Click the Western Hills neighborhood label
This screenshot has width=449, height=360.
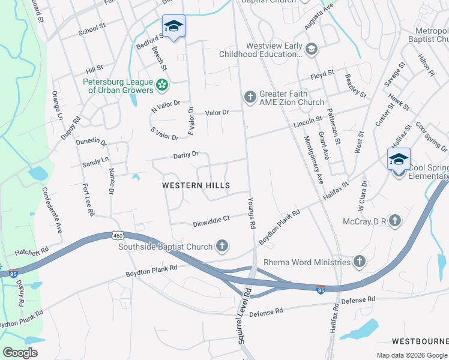(x=197, y=186)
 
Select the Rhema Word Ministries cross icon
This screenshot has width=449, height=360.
(x=359, y=262)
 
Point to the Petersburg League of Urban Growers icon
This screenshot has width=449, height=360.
(x=161, y=86)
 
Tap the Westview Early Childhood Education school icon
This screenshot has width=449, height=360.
(x=311, y=49)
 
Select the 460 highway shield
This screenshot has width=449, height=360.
(x=116, y=235)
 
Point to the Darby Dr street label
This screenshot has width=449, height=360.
(x=185, y=155)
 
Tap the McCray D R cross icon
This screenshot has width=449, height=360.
(x=395, y=221)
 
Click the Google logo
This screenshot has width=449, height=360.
(x=20, y=353)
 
